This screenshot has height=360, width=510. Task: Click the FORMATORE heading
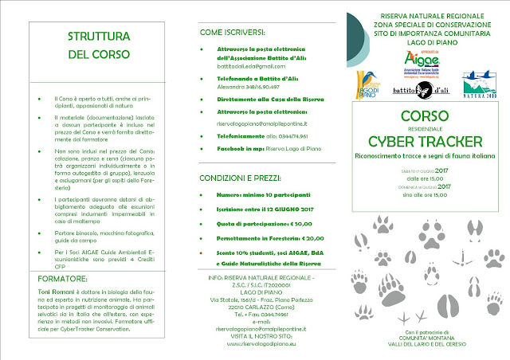point(65,279)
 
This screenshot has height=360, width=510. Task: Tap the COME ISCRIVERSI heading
point(236,34)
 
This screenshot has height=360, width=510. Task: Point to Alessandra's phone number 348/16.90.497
point(261,90)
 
